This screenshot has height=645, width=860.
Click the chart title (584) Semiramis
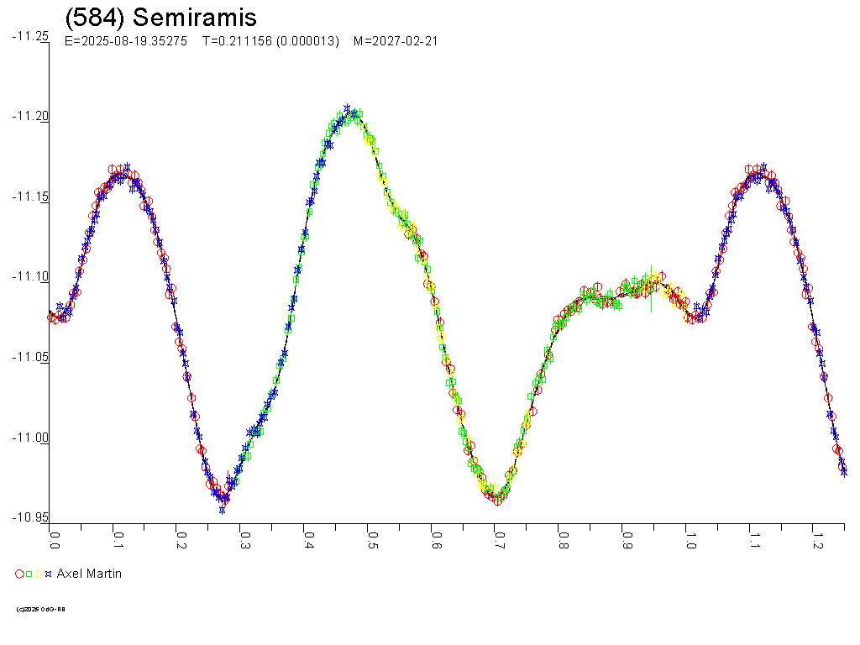tap(160, 18)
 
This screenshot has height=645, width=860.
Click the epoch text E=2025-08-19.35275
tap(125, 41)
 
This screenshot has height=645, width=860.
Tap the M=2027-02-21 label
tap(396, 41)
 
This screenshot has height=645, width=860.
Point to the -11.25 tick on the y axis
tap(30, 36)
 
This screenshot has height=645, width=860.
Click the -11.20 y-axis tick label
tap(30, 117)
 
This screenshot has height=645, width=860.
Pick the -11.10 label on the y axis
tap(30, 277)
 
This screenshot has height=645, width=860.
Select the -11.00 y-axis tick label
tap(30, 438)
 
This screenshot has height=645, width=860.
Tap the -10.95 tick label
tap(30, 517)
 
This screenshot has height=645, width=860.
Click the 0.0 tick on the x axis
tap(55, 539)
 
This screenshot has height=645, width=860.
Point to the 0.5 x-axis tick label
tap(371, 539)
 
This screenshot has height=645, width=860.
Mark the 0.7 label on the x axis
tap(499, 539)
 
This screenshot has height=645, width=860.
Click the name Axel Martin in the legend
tap(89, 574)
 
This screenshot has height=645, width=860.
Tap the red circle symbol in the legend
tap(19, 574)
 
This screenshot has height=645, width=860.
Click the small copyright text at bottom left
tap(41, 609)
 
